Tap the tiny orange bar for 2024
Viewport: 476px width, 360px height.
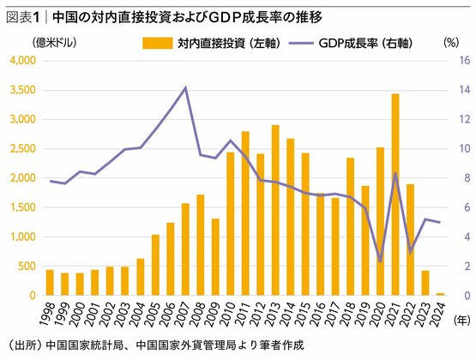(440, 294)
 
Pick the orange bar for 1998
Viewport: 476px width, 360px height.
(50, 283)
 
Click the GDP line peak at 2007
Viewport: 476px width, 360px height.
(185, 88)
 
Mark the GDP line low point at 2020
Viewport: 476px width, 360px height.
(380, 261)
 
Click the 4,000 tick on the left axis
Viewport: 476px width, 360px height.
(21, 60)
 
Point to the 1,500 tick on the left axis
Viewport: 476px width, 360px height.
(21, 207)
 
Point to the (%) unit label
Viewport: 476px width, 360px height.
(451, 41)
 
